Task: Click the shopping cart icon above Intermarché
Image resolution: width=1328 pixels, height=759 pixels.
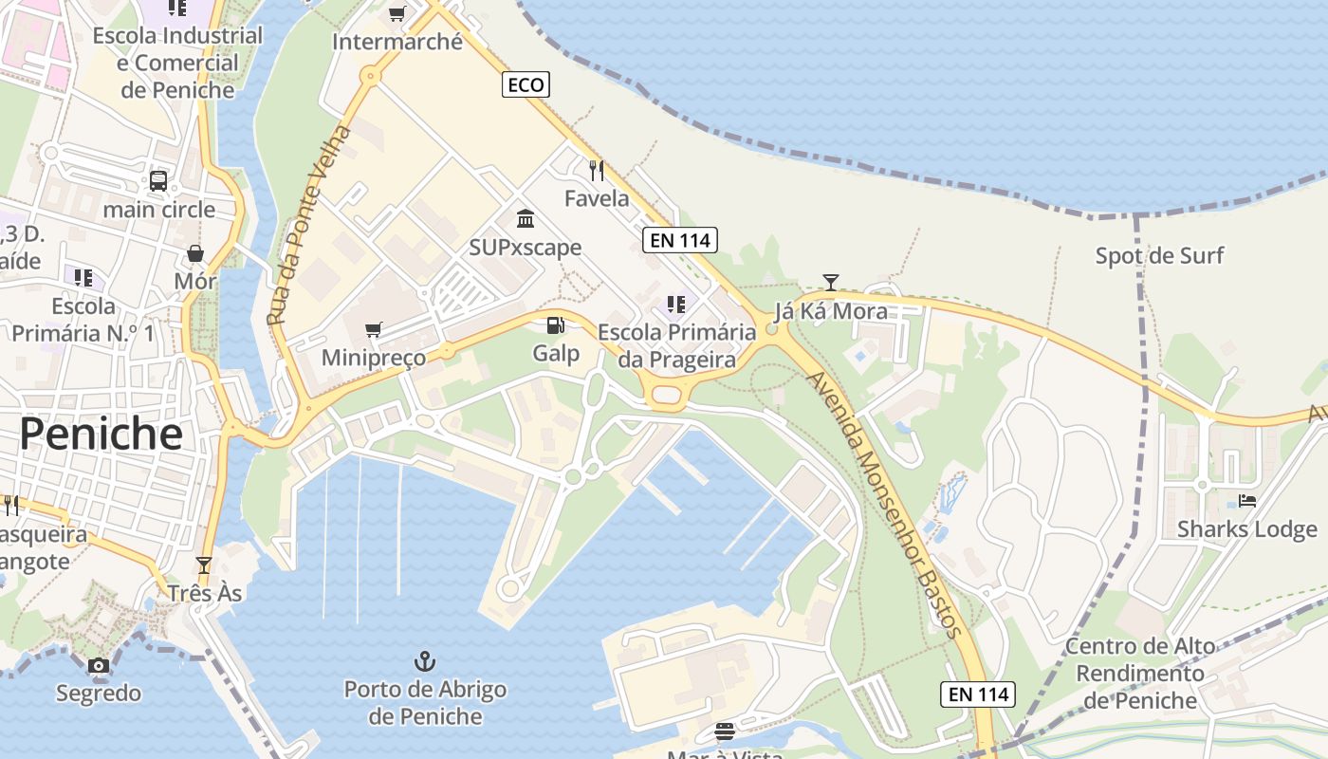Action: (x=397, y=13)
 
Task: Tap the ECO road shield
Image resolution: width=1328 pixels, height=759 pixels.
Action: (x=526, y=85)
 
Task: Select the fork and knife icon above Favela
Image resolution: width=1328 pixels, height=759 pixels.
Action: (x=597, y=171)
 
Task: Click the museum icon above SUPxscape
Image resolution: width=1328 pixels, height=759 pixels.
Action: (x=525, y=220)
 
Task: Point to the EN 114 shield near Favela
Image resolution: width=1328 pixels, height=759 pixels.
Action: (x=680, y=240)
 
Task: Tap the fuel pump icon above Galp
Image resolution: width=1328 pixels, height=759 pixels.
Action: (x=555, y=325)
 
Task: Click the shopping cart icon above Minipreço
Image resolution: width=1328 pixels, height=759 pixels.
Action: (x=374, y=329)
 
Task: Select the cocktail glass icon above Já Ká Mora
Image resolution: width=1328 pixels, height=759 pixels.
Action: (x=831, y=282)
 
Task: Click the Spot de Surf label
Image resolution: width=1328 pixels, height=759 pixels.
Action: (x=1159, y=255)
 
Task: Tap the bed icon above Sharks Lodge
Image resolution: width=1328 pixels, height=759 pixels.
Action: (x=1246, y=500)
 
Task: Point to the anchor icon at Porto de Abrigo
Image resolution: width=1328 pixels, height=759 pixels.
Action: (x=425, y=660)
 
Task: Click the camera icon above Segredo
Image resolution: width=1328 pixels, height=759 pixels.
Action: (x=99, y=665)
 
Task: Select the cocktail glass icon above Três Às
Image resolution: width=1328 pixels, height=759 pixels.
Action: (x=204, y=565)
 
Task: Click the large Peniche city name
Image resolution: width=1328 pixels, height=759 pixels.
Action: (x=101, y=434)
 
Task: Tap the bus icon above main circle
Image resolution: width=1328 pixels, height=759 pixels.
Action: (x=158, y=180)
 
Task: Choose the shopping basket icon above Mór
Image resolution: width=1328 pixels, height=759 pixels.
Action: (x=195, y=253)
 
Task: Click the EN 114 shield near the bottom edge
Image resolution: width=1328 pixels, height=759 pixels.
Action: (x=980, y=694)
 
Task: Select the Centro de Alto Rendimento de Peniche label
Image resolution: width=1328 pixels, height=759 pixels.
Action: (x=1140, y=674)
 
